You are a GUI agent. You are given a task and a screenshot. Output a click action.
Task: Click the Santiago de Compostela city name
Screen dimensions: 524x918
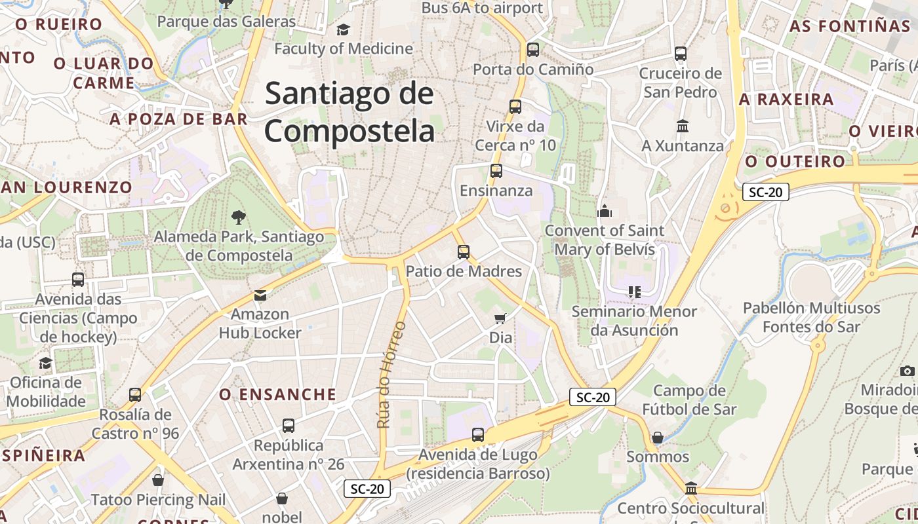(x=349, y=112)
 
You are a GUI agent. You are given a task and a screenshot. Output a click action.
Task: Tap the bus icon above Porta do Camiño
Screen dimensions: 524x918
(x=533, y=49)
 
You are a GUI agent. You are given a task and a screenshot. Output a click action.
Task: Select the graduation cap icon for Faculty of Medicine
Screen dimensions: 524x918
(x=343, y=29)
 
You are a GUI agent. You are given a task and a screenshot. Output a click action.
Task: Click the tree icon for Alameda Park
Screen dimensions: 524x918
(x=238, y=216)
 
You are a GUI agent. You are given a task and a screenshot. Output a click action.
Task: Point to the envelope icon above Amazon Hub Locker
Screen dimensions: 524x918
(x=260, y=295)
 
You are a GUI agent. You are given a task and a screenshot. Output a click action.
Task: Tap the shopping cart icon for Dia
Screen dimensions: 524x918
(x=500, y=319)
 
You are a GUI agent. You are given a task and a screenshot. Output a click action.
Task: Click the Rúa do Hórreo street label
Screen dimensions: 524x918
(x=391, y=374)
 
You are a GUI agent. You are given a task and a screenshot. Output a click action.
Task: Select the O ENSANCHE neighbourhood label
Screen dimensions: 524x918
(x=277, y=394)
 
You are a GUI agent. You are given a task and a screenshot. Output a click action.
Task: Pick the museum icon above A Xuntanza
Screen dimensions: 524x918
(x=682, y=126)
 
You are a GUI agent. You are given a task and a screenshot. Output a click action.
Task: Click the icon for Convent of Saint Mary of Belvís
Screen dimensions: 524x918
(x=605, y=211)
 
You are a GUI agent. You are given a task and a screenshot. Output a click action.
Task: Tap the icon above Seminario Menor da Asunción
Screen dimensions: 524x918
(x=633, y=291)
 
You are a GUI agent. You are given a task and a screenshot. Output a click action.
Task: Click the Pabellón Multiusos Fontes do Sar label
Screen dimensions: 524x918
(x=811, y=317)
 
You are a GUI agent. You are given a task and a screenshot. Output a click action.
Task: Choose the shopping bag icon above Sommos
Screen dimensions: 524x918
(x=658, y=437)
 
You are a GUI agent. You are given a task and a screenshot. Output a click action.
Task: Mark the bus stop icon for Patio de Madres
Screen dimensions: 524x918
(x=464, y=252)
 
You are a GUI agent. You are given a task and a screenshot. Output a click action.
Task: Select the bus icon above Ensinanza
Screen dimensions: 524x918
(x=496, y=171)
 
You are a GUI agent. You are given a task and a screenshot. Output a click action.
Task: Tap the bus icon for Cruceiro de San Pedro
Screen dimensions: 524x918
(x=681, y=54)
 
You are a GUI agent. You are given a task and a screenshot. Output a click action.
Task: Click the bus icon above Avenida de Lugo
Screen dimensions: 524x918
(x=478, y=434)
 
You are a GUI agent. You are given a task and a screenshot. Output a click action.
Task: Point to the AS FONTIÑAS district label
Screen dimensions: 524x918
(x=849, y=26)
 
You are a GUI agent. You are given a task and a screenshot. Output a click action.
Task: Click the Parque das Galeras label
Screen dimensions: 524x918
(x=227, y=22)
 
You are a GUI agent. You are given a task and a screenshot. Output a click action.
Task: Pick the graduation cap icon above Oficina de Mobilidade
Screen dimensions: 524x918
(x=45, y=363)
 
